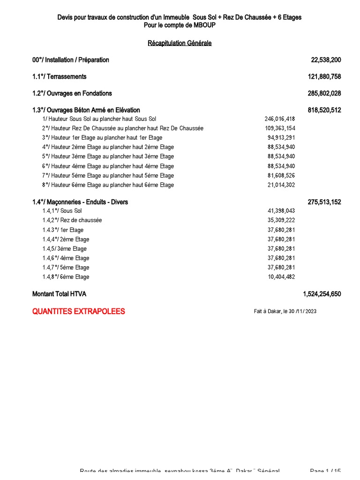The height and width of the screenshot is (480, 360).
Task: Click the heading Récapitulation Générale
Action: [x=180, y=43]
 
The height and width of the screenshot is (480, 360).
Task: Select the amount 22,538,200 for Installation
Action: [x=326, y=60]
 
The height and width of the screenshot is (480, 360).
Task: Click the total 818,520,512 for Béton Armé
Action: [x=324, y=110]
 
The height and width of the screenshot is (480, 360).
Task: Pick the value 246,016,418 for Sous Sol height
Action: [x=280, y=119]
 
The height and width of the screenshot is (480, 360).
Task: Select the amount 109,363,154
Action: [x=280, y=128]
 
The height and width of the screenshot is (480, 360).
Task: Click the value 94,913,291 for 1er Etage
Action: [x=281, y=138]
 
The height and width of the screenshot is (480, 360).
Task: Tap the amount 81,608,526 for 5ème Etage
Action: [x=281, y=176]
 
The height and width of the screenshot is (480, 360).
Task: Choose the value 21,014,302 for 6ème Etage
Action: [x=281, y=185]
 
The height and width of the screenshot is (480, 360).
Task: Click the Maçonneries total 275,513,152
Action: [x=324, y=202]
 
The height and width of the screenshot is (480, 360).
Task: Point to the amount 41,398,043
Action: [x=281, y=211]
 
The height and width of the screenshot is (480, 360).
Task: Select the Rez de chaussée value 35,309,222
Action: [x=281, y=220]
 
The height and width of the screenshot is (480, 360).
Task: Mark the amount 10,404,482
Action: [x=281, y=277]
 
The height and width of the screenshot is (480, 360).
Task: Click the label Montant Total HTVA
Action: [x=59, y=294]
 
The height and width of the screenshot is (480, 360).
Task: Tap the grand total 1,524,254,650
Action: [x=322, y=294]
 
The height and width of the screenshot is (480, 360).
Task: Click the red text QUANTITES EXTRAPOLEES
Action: [x=79, y=311]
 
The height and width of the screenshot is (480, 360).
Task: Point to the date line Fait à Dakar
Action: [x=285, y=311]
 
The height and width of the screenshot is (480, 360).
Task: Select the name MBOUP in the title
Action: [x=205, y=25]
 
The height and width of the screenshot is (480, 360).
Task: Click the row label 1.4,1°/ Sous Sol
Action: [x=62, y=211]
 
